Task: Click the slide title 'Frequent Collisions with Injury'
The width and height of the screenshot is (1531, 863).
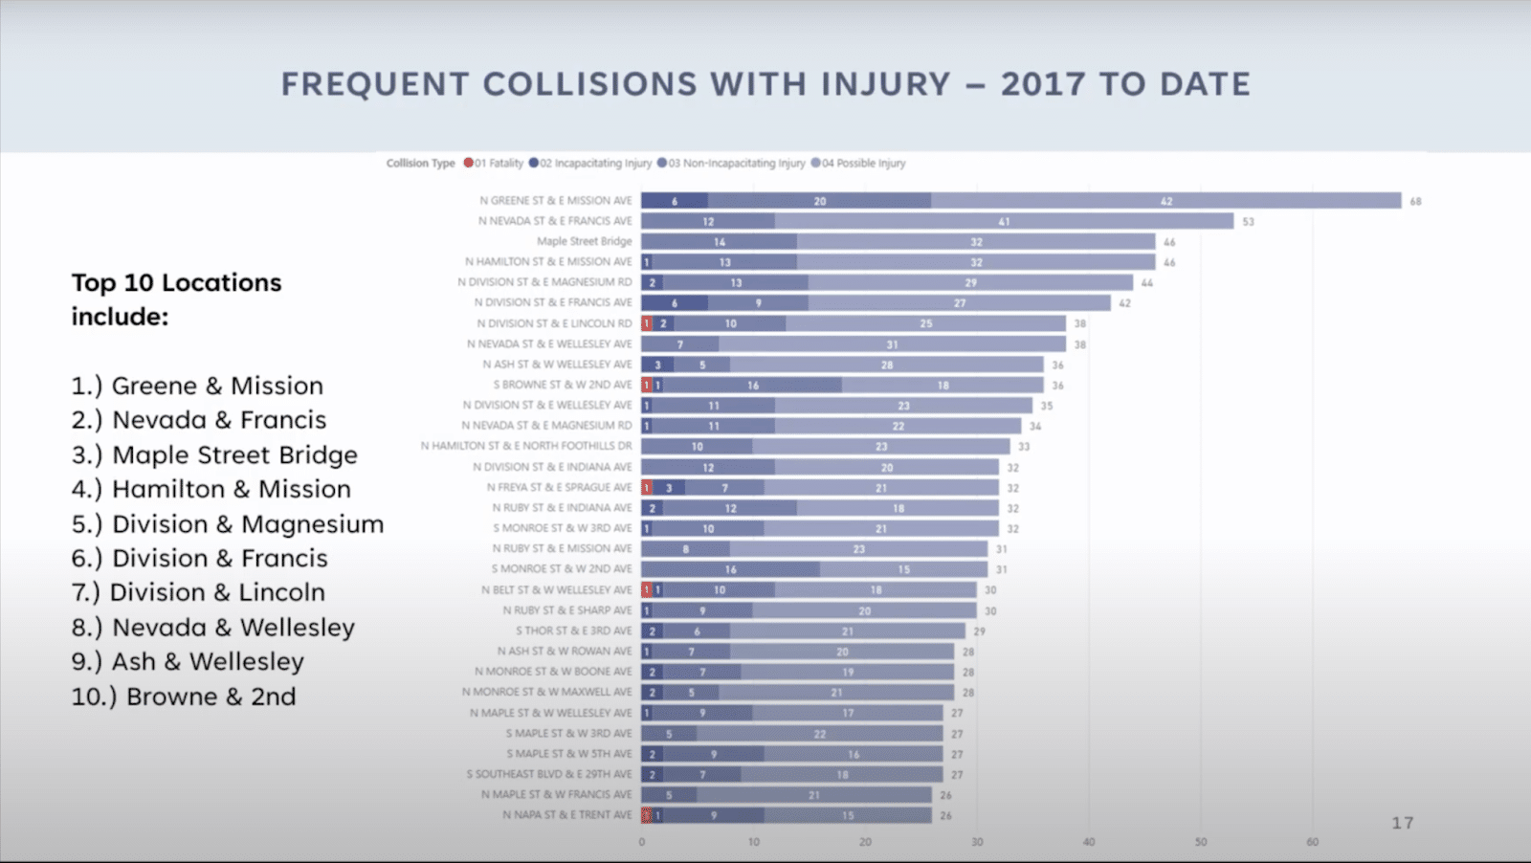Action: [765, 84]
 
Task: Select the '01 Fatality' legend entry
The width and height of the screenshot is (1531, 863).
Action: [494, 164]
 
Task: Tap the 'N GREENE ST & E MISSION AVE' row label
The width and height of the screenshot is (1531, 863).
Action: [556, 201]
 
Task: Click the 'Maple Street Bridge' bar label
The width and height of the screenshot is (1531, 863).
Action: [584, 242]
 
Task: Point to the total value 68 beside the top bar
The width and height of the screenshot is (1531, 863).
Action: [1415, 202]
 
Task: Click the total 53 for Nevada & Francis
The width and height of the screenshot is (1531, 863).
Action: [1248, 222]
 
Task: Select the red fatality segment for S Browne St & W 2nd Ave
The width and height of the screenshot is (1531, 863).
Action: [647, 386]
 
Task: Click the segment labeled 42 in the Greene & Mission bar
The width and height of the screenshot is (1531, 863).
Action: [1165, 201]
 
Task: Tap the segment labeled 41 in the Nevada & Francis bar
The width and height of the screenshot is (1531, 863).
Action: [1004, 222]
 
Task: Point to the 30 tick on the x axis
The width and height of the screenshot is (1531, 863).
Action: [977, 842]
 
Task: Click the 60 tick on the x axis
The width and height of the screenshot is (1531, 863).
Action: [1312, 842]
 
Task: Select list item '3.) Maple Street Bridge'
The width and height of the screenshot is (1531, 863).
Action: [214, 455]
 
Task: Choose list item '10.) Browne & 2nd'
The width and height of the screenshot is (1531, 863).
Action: [184, 697]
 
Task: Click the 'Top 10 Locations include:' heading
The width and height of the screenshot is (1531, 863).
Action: [176, 299]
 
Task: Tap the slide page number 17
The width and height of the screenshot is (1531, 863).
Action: [1402, 823]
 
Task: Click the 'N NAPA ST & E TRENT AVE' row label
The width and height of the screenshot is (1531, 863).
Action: [567, 815]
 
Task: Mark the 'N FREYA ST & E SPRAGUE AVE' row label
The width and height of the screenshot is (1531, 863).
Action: [559, 488]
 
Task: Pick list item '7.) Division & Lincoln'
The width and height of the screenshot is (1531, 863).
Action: [198, 593]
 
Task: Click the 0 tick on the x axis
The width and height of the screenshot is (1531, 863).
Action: [642, 842]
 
